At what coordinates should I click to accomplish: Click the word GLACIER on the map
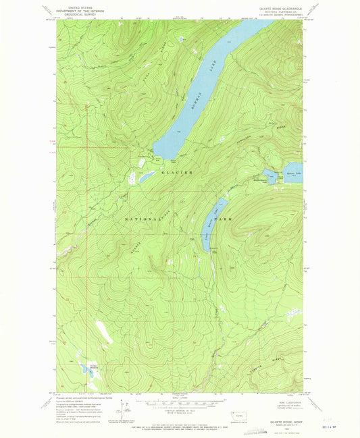tap(177, 173)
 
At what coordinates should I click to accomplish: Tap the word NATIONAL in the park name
tap(144, 219)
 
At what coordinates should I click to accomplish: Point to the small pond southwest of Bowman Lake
tap(145, 178)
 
